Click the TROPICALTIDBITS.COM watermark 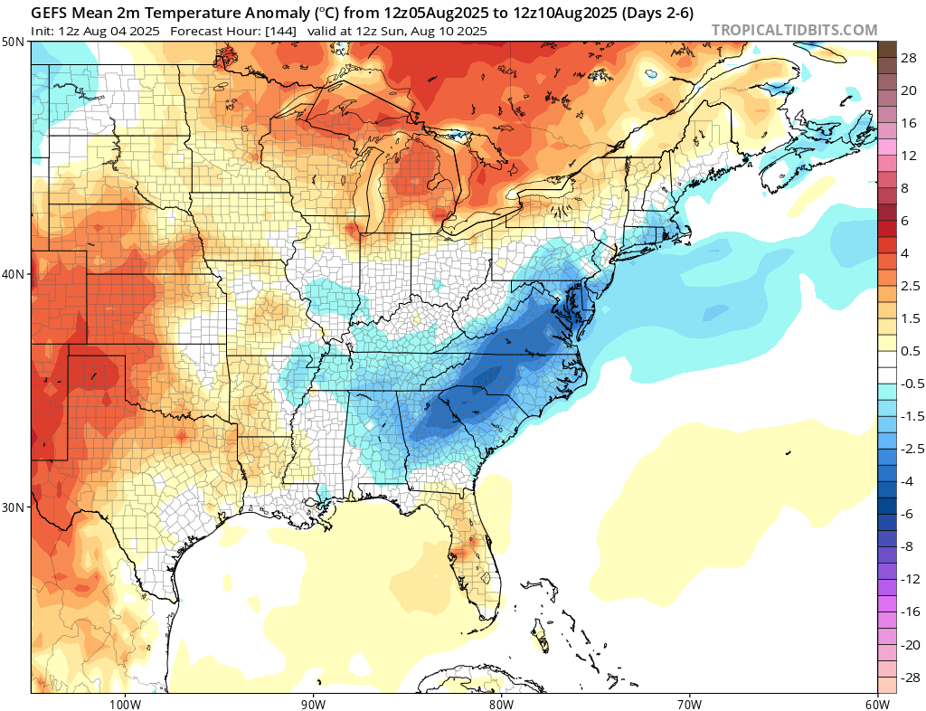pyautogui.click(x=794, y=30)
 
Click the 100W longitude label pyautogui.click(x=125, y=703)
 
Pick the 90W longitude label pyautogui.click(x=313, y=703)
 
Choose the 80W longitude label pyautogui.click(x=501, y=703)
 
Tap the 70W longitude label pyautogui.click(x=689, y=703)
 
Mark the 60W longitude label pyautogui.click(x=876, y=703)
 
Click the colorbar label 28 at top pyautogui.click(x=909, y=57)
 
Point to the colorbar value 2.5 pyautogui.click(x=911, y=286)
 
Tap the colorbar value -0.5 pyautogui.click(x=911, y=384)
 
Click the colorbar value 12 pyautogui.click(x=909, y=155)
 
